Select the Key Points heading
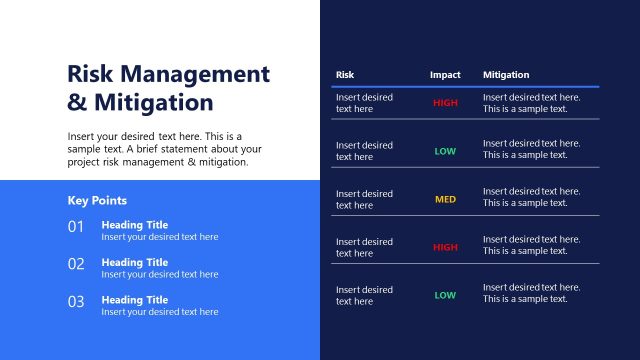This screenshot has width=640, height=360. click(97, 200)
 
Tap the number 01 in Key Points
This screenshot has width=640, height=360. click(76, 227)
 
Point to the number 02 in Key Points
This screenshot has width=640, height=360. click(76, 264)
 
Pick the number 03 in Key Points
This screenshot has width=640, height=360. click(76, 301)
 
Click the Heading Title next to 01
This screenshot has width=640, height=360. click(135, 225)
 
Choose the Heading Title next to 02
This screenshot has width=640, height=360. click(135, 262)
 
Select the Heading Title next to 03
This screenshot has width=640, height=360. click(135, 299)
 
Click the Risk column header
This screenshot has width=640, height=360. click(345, 75)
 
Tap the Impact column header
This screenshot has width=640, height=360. click(445, 75)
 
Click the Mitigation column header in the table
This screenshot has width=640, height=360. click(506, 75)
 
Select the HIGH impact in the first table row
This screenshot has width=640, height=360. click(445, 103)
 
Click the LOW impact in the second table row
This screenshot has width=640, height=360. click(445, 151)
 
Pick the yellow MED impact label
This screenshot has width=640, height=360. click(445, 199)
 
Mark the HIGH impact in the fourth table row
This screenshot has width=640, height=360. click(445, 247)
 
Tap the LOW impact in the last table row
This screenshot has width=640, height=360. click(445, 295)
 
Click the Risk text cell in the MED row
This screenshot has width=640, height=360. click(364, 199)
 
